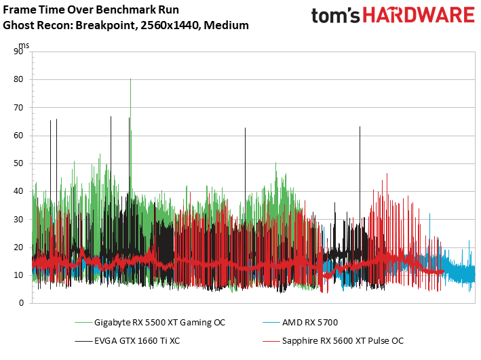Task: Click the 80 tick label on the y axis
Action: click(18, 79)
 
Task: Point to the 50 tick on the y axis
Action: click(18, 163)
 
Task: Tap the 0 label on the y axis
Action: click(21, 303)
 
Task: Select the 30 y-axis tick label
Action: click(18, 220)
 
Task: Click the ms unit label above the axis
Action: click(24, 45)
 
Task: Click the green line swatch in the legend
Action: click(83, 323)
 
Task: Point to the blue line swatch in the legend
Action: click(271, 323)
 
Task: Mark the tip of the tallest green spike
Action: click(130, 79)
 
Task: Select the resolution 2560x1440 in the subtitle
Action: click(170, 25)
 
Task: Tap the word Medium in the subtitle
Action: click(226, 25)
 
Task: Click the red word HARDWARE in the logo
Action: click(419, 16)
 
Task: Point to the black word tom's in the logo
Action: click(336, 16)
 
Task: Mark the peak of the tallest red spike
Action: click(387, 174)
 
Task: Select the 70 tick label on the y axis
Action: click(18, 108)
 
